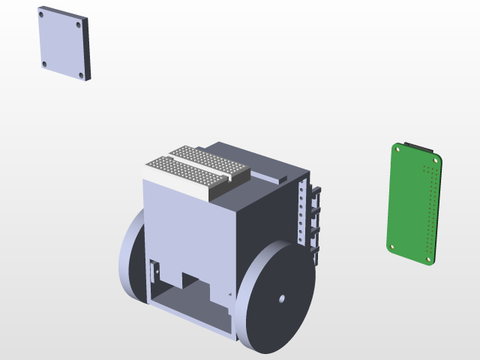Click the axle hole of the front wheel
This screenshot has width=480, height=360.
pyautogui.click(x=282, y=299)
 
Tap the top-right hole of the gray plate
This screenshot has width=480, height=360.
pyautogui.click(x=77, y=24)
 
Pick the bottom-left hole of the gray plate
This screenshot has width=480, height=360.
pyautogui.click(x=44, y=64)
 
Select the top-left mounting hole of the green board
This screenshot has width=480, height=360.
pyautogui.click(x=397, y=148)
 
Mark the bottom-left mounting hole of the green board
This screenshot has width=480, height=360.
pyautogui.click(x=391, y=245)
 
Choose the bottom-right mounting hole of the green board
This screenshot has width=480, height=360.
pyautogui.click(x=430, y=259)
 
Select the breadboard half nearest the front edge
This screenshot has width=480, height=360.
pyautogui.click(x=184, y=174)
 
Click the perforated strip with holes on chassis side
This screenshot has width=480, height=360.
pyautogui.click(x=302, y=214)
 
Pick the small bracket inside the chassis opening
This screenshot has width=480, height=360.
pyautogui.click(x=156, y=270)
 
